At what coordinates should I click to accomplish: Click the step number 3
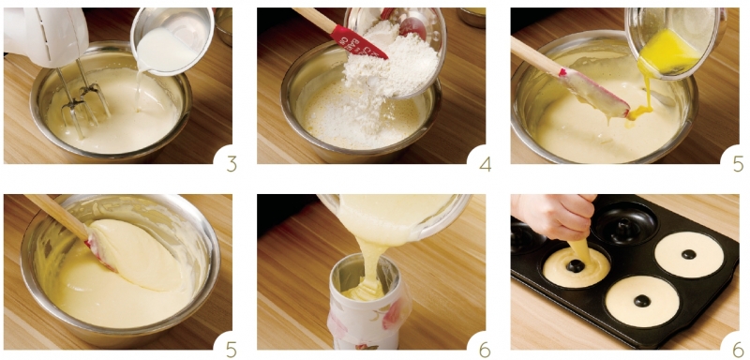pyautogui.click(x=232, y=163)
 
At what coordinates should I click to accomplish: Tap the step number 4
pyautogui.click(x=485, y=163)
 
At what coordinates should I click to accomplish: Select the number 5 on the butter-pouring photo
pyautogui.click(x=739, y=163)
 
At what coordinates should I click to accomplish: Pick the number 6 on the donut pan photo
pyautogui.click(x=739, y=349)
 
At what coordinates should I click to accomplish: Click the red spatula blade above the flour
pyautogui.click(x=359, y=42)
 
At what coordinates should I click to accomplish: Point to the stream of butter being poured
pyautogui.click(x=643, y=96)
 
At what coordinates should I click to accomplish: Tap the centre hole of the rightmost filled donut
pyautogui.click(x=689, y=254)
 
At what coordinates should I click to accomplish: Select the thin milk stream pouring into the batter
pyautogui.click(x=139, y=91)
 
